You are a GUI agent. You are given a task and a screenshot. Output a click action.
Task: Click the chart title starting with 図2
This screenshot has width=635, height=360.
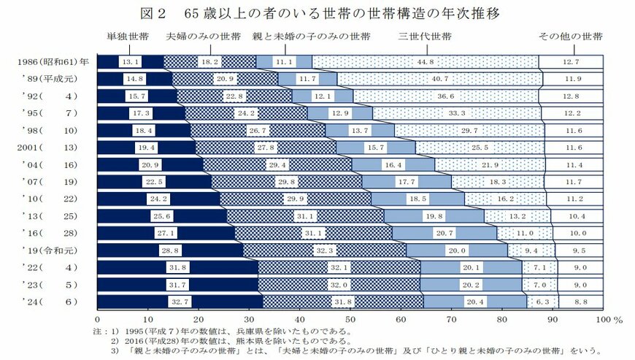click(x=317, y=13)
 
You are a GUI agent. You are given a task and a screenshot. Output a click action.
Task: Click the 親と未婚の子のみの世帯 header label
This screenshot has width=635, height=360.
click(x=310, y=37)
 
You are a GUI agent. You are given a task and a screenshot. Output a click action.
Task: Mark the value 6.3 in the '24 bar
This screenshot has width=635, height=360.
click(x=542, y=301)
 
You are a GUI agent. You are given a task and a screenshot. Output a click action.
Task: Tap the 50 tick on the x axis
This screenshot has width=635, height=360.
click(x=350, y=319)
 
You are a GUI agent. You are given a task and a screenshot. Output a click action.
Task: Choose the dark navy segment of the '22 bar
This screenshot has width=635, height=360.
click(x=177, y=267)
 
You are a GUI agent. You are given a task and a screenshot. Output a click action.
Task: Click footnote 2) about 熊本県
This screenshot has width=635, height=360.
click(x=234, y=340)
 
